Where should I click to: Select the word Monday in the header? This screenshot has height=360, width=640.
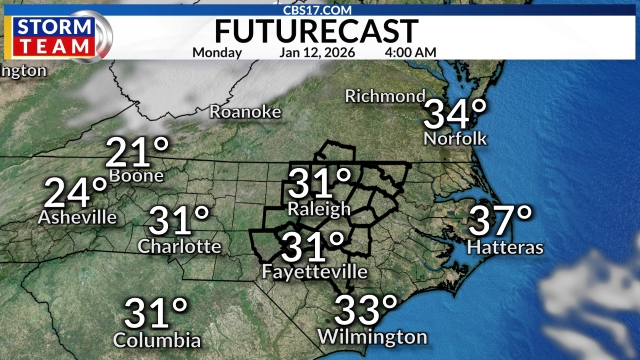(x=217, y=51)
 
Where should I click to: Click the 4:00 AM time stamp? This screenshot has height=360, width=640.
(x=411, y=51)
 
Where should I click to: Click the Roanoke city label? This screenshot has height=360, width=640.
(x=245, y=112)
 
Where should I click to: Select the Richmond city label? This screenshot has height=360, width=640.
(x=385, y=96)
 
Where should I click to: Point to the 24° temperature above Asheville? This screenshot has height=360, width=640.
(x=75, y=191)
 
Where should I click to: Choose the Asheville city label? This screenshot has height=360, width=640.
(x=77, y=217)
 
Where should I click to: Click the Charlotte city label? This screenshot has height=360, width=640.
(x=180, y=246)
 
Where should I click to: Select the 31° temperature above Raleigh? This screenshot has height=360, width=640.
(x=320, y=184)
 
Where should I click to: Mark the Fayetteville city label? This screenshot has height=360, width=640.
(x=313, y=272)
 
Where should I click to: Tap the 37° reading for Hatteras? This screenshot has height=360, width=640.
(x=502, y=219)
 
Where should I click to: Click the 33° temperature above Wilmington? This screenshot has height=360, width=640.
(x=367, y=310)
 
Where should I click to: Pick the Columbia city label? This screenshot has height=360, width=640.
(x=157, y=340)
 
